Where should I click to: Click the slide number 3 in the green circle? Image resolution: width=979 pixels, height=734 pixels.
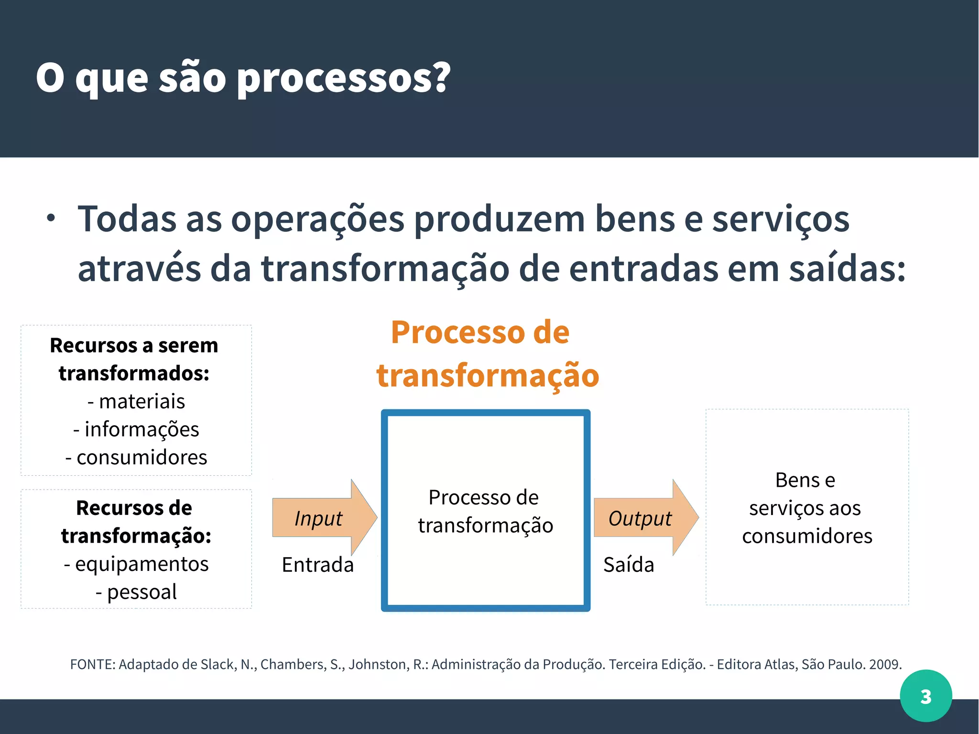(x=925, y=696)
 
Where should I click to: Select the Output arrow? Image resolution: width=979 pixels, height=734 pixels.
(x=643, y=518)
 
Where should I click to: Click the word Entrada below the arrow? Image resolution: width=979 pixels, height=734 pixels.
(x=317, y=565)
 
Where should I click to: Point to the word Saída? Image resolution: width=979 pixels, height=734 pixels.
(x=628, y=565)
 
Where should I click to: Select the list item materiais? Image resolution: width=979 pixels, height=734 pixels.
(x=141, y=401)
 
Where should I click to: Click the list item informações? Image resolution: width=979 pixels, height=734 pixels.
(x=141, y=429)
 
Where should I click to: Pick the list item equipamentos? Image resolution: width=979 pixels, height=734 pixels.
(x=141, y=564)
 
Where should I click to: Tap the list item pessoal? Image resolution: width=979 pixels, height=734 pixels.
(x=141, y=592)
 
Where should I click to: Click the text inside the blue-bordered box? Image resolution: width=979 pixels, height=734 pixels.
(x=485, y=511)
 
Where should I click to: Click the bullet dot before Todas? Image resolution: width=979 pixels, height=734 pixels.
(x=51, y=219)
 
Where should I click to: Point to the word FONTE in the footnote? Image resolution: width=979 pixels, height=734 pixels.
(x=92, y=665)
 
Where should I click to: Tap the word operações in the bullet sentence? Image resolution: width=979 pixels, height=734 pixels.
(x=317, y=219)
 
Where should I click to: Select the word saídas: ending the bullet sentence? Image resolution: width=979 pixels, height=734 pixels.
(x=847, y=269)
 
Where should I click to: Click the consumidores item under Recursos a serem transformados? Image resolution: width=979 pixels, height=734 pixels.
(x=141, y=458)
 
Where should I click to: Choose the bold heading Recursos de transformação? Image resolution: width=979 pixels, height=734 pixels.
(x=136, y=522)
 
